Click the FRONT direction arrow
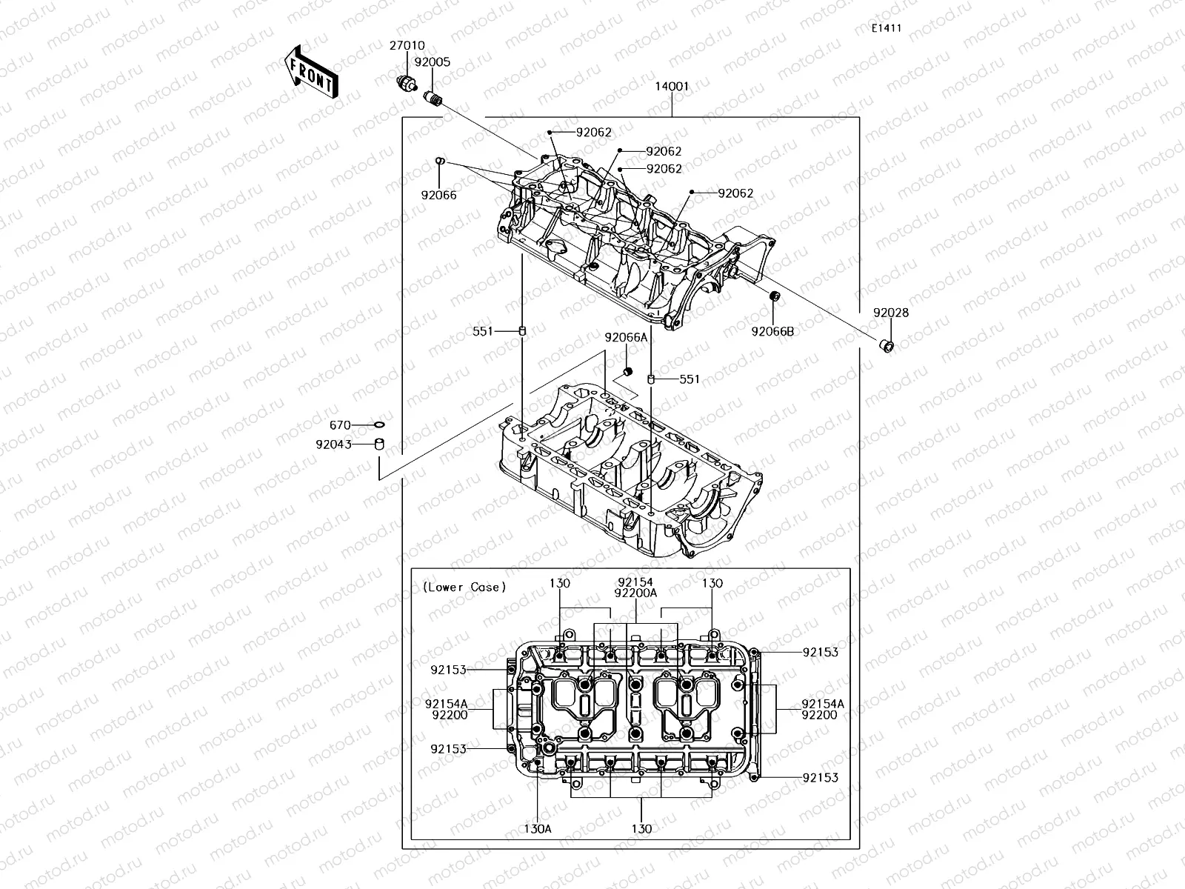click(x=310, y=72)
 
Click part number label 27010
click(x=407, y=46)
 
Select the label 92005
click(x=432, y=63)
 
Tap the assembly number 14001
click(x=671, y=86)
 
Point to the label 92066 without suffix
click(x=438, y=196)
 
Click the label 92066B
click(x=772, y=331)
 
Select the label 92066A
click(x=626, y=337)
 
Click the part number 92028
click(x=890, y=313)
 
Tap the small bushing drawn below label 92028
click(x=886, y=346)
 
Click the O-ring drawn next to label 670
click(x=379, y=425)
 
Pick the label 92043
click(x=333, y=444)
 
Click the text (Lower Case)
click(x=464, y=587)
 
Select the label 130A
click(x=538, y=828)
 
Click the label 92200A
click(x=636, y=593)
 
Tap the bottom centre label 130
click(x=641, y=828)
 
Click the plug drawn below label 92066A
click(x=627, y=370)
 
